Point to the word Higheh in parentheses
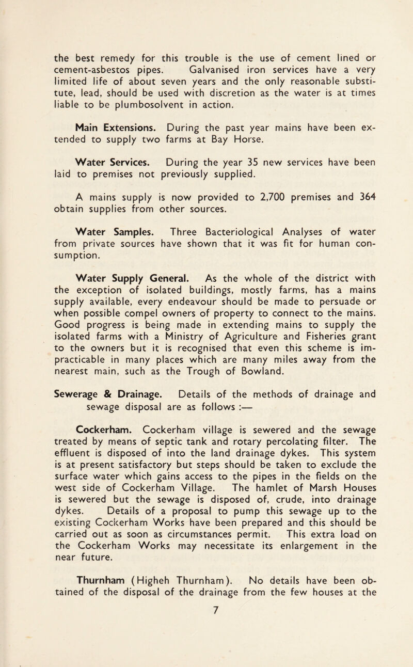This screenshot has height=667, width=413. tap(174, 626)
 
